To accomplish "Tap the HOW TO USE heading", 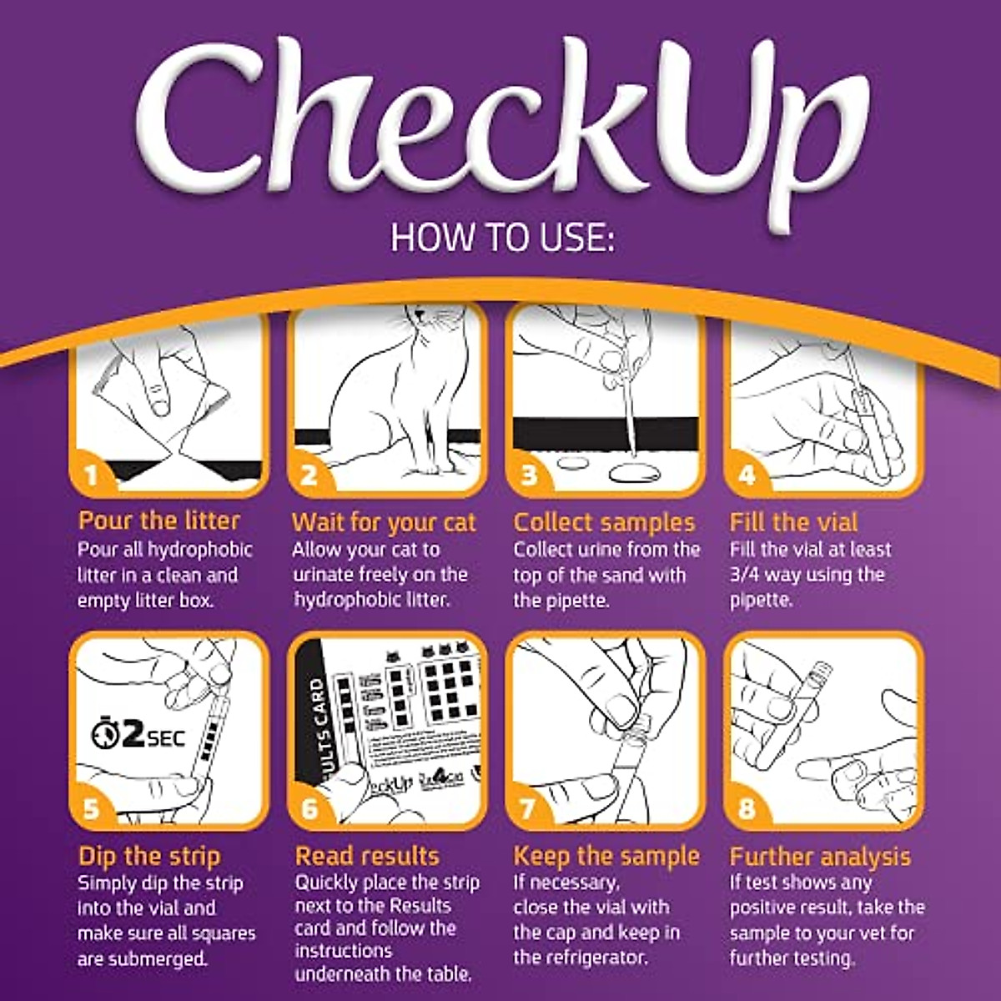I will pos(503,238).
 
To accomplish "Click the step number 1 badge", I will pos(92,476).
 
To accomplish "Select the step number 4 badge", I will pos(746,476).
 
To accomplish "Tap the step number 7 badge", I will pos(527,809).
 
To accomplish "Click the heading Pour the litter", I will pos(159,521).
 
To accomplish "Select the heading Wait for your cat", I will pos(384,523).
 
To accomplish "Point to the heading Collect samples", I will pos(604,523).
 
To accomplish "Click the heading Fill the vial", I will pos(793,523).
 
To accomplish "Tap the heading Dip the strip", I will pos(149,857).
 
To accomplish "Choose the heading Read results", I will pos(367,857).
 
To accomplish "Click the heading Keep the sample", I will pos(606,857).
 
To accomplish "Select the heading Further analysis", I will pos(820,857).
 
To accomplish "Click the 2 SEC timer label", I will pos(138,737).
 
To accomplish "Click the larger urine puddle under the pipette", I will pos(634,474).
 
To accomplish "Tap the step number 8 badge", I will pos(746,809).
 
